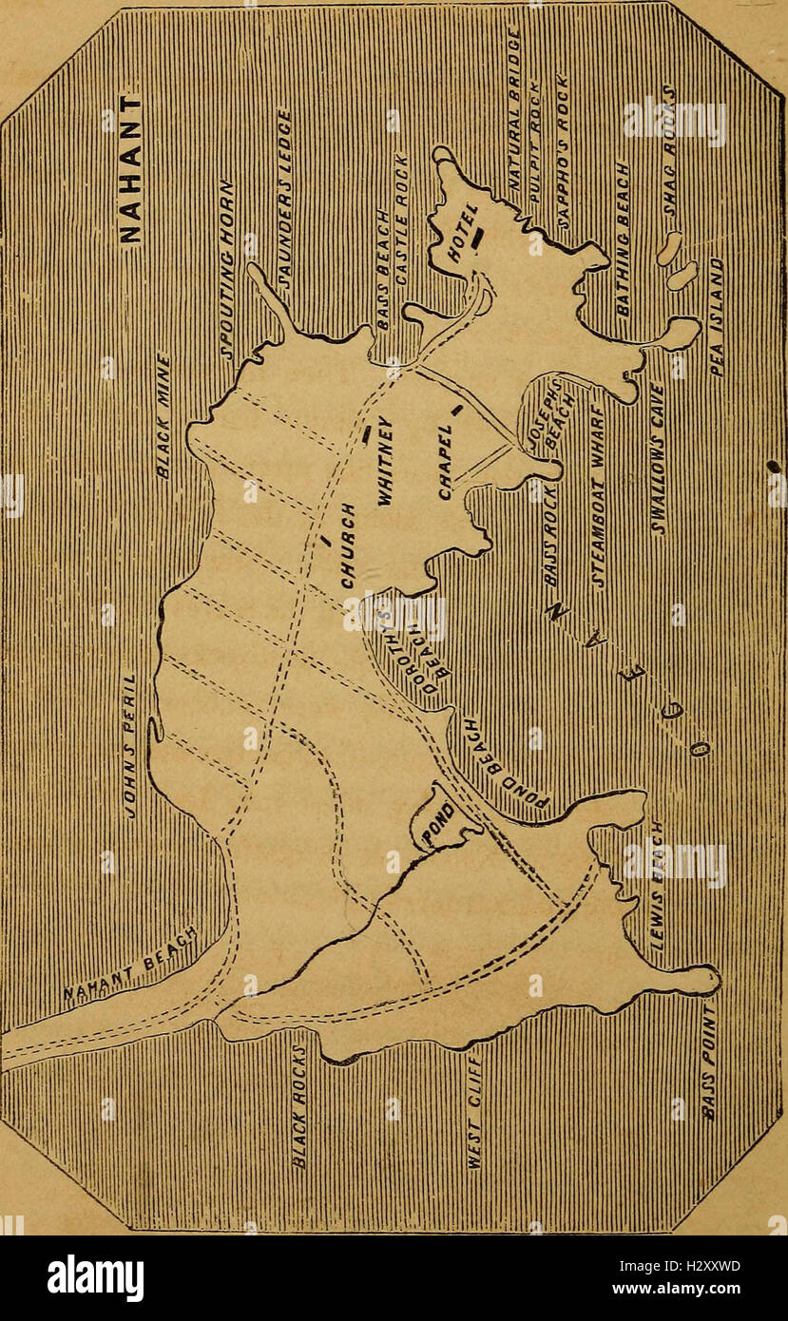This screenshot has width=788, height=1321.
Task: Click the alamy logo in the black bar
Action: pos(95,1279)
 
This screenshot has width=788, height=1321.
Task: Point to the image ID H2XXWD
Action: pos(702,1266)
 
